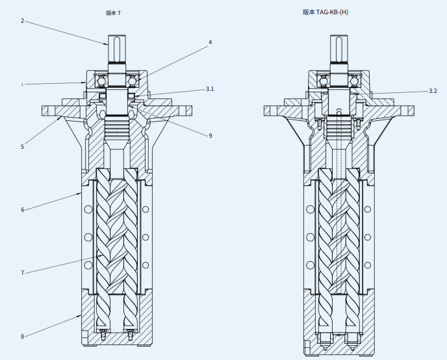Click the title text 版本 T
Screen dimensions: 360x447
[113, 12]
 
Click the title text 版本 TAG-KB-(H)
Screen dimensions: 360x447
[325, 12]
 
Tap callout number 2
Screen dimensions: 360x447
[22, 21]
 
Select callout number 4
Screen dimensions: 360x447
[210, 42]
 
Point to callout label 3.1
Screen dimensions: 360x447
[210, 88]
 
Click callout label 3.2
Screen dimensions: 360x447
[433, 91]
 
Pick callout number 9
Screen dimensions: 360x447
[210, 136]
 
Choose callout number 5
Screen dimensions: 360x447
[22, 147]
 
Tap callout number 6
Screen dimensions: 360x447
[22, 210]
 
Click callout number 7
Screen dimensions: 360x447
[22, 273]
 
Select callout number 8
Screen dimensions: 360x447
[22, 336]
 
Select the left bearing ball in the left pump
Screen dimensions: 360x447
[101, 81]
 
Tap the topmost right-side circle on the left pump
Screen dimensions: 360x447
[146, 209]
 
